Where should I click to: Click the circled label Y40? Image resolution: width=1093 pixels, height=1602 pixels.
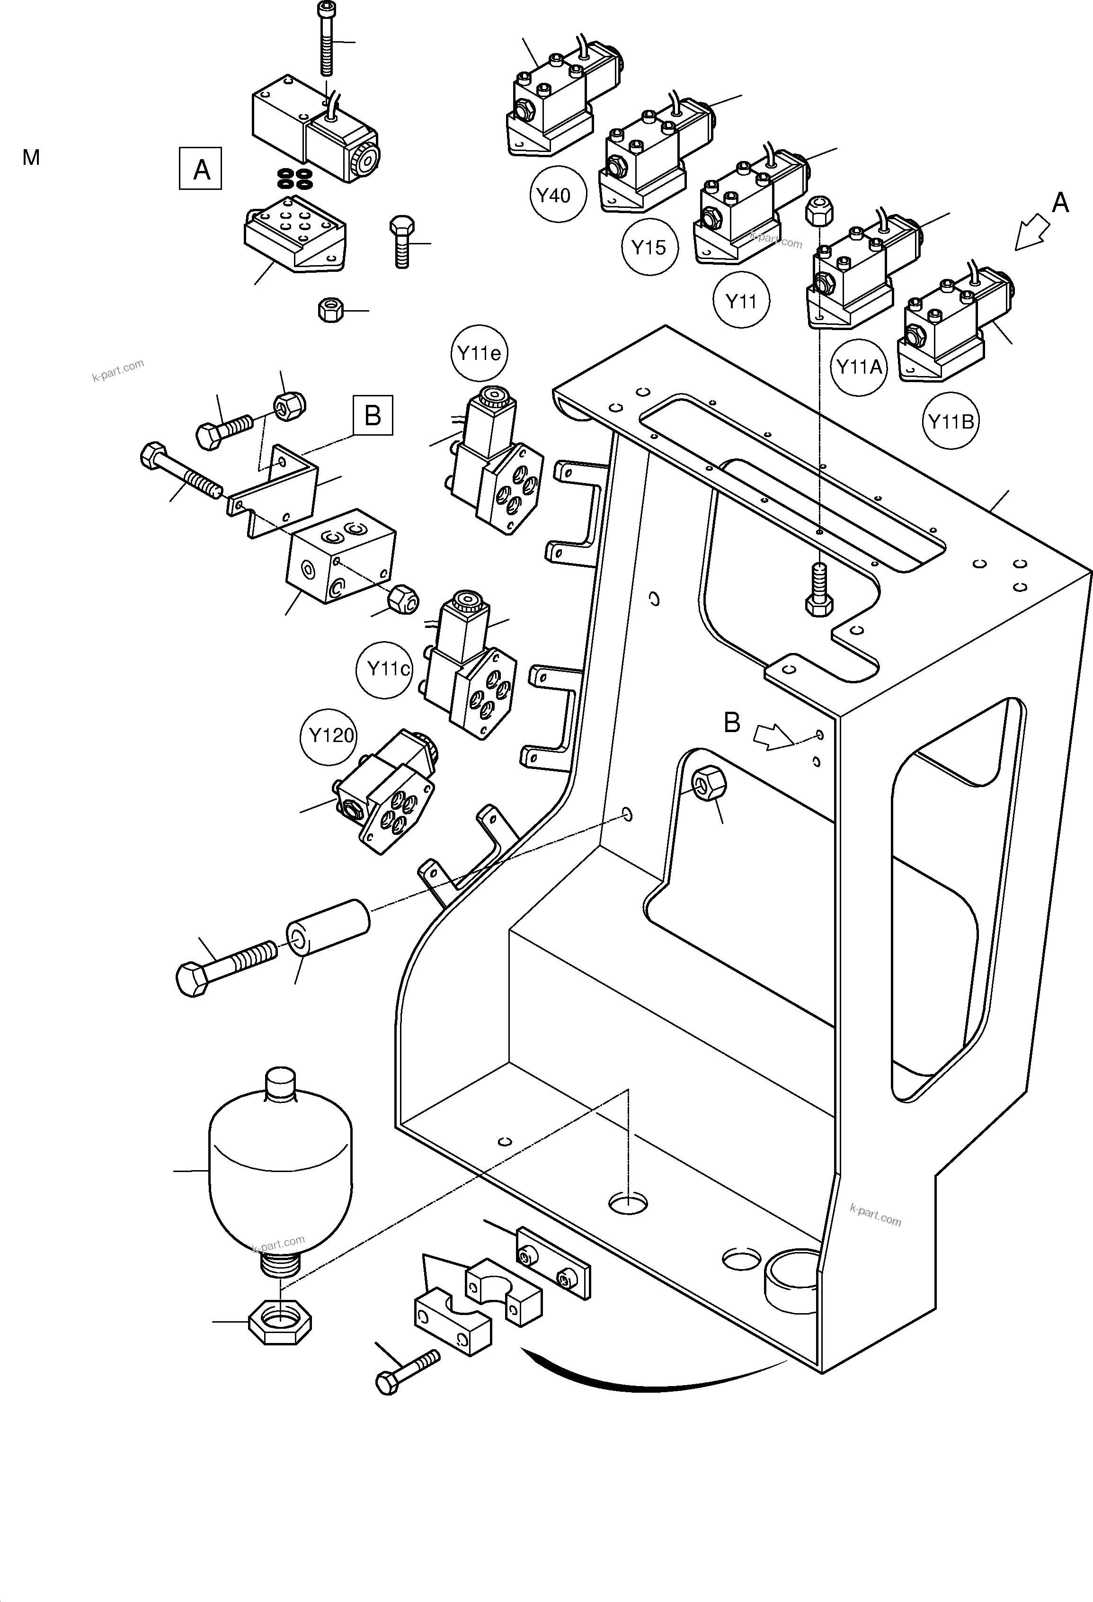pyautogui.click(x=558, y=196)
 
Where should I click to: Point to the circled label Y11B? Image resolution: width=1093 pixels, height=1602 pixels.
pyautogui.click(x=951, y=421)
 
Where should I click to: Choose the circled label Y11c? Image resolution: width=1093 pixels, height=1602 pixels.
pyautogui.click(x=384, y=669)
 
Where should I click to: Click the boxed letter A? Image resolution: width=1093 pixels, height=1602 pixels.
pyautogui.click(x=201, y=168)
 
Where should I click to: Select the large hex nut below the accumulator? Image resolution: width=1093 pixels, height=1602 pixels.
pyautogui.click(x=279, y=1323)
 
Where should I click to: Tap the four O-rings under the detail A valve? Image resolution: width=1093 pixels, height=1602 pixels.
pyautogui.click(x=293, y=179)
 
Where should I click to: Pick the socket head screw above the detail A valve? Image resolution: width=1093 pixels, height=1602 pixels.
pyautogui.click(x=326, y=38)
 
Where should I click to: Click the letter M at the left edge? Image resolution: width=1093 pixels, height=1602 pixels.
pyautogui.click(x=31, y=158)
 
